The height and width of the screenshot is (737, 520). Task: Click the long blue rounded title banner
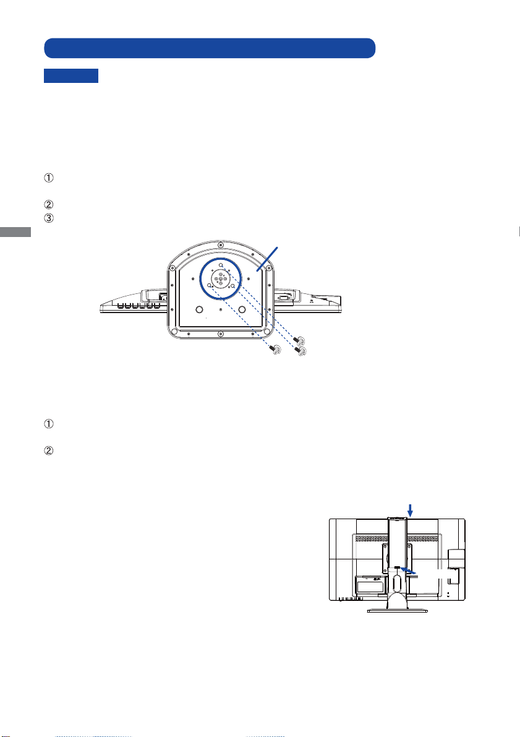(210, 48)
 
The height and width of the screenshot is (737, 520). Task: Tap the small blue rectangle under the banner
(71, 75)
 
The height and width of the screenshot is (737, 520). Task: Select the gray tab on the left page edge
(15, 231)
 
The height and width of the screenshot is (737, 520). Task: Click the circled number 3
(48, 218)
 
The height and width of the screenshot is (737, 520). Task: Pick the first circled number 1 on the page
(48, 178)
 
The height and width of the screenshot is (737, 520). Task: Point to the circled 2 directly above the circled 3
(48, 204)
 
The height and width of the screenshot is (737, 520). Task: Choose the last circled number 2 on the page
(48, 450)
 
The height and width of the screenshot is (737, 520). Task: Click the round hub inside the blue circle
(220, 279)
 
